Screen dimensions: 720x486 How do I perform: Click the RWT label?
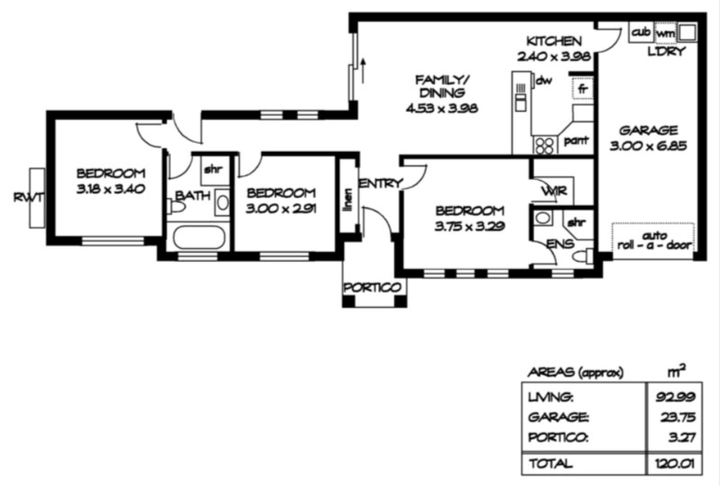click(28, 198)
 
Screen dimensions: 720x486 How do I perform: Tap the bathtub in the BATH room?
click(198, 237)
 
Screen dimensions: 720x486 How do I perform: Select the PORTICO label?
click(373, 288)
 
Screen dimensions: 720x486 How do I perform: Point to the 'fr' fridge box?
click(582, 88)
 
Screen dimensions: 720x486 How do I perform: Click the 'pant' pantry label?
click(576, 141)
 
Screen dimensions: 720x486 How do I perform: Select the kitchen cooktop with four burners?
click(544, 145)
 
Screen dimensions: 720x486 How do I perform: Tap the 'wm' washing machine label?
click(666, 33)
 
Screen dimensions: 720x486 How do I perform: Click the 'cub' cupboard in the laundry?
click(641, 32)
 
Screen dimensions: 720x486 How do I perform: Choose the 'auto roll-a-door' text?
click(654, 241)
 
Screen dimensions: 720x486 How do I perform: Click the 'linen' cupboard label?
click(349, 199)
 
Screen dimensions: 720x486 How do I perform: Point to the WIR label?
click(554, 192)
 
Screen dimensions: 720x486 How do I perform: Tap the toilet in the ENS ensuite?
click(582, 257)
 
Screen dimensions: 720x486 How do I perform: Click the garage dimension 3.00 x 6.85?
click(648, 146)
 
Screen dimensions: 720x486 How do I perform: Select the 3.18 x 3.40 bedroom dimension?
click(110, 189)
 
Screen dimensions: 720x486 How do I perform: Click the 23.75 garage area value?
click(678, 417)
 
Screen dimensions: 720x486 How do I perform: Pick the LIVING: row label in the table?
click(550, 398)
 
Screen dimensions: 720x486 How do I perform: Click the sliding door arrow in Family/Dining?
click(363, 71)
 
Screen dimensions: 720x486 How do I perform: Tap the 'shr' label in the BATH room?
click(213, 169)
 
